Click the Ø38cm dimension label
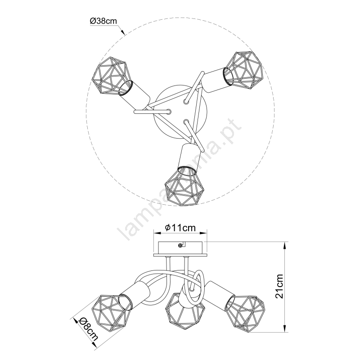(103, 21)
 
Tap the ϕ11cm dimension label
(180, 228)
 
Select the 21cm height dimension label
(279, 286)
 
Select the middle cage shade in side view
(184, 311)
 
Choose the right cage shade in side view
(245, 313)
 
